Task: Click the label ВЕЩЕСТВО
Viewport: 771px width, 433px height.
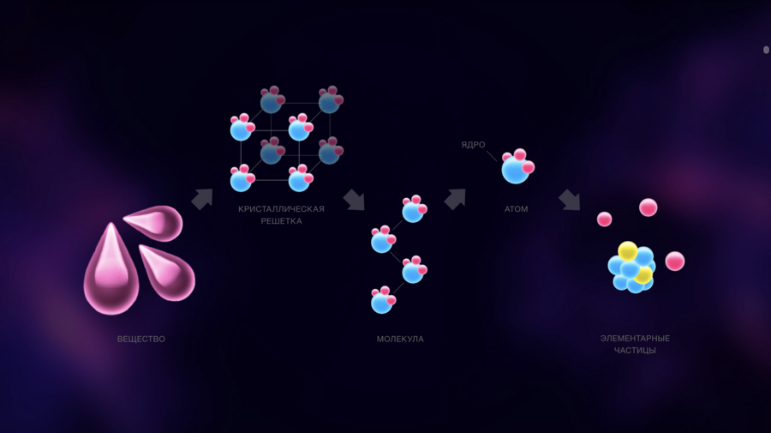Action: (x=141, y=339)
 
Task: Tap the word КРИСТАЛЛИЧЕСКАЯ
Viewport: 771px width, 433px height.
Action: (x=281, y=209)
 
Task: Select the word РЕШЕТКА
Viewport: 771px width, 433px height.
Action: (x=281, y=221)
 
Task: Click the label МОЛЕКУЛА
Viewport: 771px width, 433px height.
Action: (x=400, y=339)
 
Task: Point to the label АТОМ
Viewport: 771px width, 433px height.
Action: (x=517, y=209)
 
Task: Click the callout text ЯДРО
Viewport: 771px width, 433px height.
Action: (x=473, y=145)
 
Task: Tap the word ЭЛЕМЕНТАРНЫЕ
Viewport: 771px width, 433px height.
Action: (x=635, y=339)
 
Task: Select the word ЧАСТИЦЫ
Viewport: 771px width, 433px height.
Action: (x=635, y=351)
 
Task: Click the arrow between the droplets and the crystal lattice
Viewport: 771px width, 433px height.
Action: (x=202, y=199)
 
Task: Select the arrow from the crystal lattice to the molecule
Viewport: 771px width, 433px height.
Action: (x=354, y=200)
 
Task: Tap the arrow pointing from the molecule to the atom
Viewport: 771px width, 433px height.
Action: (x=455, y=199)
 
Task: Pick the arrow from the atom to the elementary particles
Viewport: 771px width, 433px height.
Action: (x=570, y=200)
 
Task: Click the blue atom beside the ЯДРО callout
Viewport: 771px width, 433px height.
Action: (x=517, y=167)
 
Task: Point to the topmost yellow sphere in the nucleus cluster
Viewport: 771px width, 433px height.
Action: (x=628, y=250)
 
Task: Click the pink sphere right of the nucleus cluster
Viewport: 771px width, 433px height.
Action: (x=675, y=262)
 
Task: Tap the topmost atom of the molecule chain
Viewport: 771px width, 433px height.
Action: (x=414, y=209)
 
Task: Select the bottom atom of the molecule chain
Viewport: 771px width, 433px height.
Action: (x=383, y=300)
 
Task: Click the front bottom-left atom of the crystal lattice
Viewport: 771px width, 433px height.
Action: (x=242, y=178)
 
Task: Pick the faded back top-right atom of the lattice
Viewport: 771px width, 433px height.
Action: (x=331, y=99)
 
